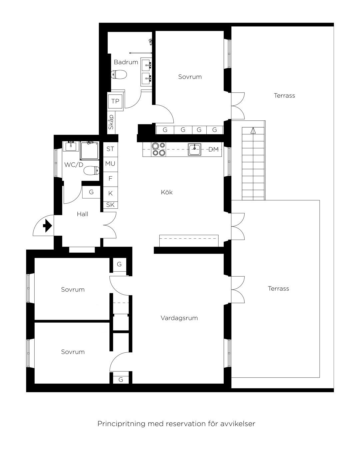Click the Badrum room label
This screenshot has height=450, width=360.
click(126, 62)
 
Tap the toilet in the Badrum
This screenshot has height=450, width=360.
click(119, 74)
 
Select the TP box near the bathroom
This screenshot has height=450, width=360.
click(115, 101)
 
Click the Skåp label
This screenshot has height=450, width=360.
click(111, 122)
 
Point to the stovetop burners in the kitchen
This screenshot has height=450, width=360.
click(159, 149)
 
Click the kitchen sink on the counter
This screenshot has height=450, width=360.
click(194, 149)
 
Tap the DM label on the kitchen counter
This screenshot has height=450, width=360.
click(214, 149)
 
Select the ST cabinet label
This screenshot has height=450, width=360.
click(110, 149)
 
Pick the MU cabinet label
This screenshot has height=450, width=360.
click(110, 164)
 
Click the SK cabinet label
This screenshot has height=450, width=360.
click(110, 205)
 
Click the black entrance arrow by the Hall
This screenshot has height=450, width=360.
click(47, 226)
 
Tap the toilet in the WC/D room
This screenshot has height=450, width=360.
click(91, 171)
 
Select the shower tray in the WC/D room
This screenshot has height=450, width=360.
click(90, 151)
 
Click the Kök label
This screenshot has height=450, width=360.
click(167, 192)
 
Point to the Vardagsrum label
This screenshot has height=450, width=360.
click(179, 318)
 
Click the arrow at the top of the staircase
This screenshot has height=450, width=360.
click(253, 130)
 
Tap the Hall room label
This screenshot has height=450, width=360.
click(82, 214)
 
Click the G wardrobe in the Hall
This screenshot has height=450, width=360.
click(91, 192)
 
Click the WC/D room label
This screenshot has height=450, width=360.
click(74, 165)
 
